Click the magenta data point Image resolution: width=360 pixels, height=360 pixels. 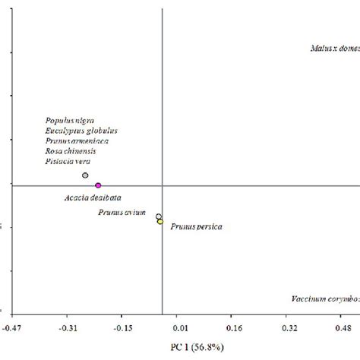tap(98, 185)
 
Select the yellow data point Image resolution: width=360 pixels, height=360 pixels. tap(160, 222)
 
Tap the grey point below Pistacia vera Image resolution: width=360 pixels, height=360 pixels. tap(86, 175)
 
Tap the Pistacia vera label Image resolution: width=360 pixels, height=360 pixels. tap(68, 161)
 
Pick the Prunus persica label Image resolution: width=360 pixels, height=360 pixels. tap(197, 226)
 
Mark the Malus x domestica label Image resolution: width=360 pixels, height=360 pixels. tap(334, 49)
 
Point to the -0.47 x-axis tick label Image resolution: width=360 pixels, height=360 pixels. tap(12, 327)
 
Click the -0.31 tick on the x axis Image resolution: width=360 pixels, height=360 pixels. tap(67, 327)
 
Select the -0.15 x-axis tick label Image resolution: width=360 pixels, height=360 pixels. tap(122, 327)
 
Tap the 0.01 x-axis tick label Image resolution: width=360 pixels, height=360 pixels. tap(178, 327)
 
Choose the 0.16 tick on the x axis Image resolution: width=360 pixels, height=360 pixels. tap(234, 327)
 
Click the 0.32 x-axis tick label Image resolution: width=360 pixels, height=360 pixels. tap(289, 327)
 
